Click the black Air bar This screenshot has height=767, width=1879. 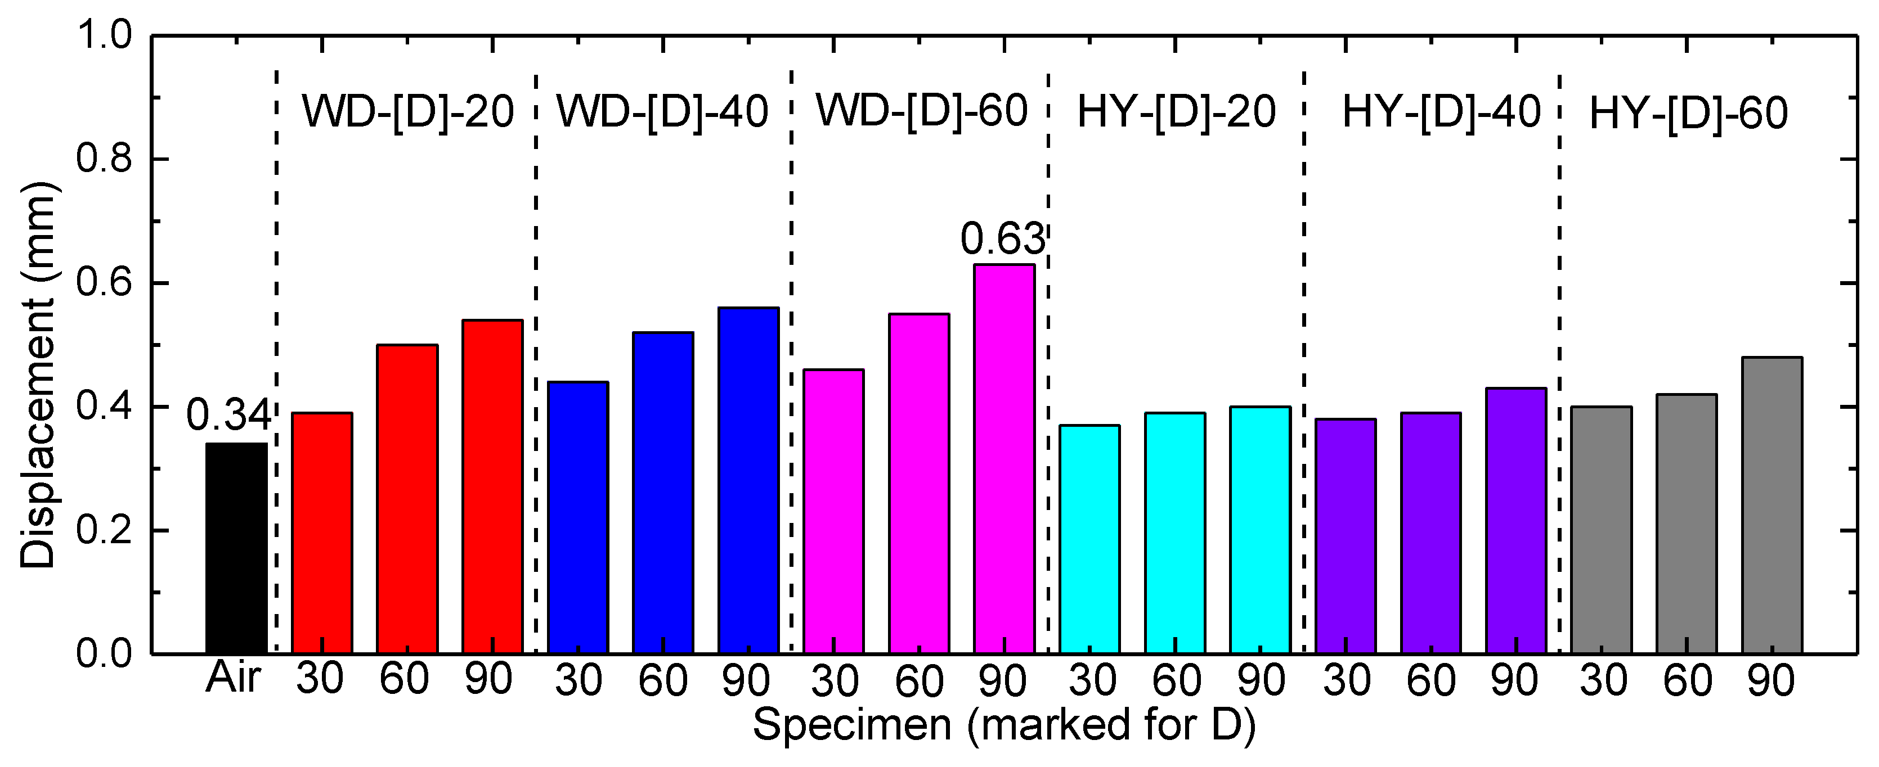236,548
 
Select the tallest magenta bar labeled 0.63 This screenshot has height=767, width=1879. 1004,459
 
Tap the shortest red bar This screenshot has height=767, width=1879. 322,533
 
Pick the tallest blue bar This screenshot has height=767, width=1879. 748,480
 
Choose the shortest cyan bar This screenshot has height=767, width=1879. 1090,539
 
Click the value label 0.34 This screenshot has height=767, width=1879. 228,416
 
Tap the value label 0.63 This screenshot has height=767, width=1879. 1002,239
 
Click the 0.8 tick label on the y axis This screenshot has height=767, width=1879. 104,159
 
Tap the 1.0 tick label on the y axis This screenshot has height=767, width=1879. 104,35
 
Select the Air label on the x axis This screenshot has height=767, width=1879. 234,678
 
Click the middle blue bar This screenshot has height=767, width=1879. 663,492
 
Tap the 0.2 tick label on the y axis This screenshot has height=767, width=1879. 104,530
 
